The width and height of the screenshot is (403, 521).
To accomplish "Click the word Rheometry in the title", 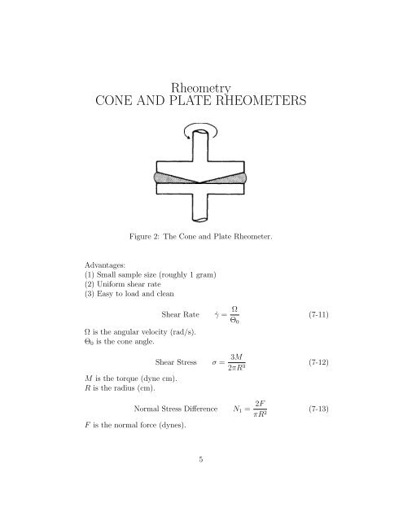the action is tap(200, 86).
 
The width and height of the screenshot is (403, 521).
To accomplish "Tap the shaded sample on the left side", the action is tap(166, 177).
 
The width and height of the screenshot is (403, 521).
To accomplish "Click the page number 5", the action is tap(201, 481).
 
